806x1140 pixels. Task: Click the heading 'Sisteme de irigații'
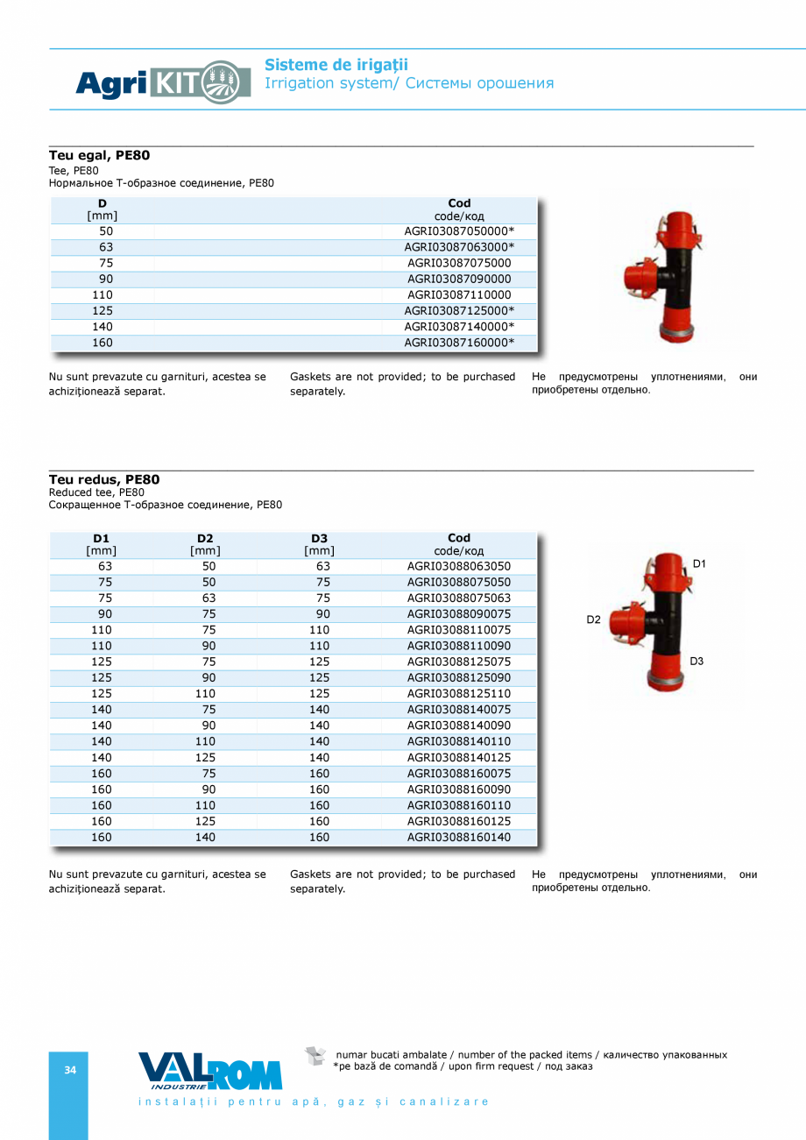[336, 65]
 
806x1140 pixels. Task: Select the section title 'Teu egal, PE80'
[99, 155]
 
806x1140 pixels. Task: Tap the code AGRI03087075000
[459, 263]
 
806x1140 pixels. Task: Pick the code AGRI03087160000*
[459, 343]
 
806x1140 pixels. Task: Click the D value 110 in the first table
[103, 295]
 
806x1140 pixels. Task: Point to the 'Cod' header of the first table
[459, 203]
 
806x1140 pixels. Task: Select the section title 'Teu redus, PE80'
[104, 479]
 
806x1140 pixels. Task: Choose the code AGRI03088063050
[459, 566]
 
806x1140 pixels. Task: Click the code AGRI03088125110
[459, 694]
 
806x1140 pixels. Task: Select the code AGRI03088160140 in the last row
[459, 838]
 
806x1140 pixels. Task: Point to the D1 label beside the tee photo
[699, 564]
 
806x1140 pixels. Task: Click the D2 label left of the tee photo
[593, 620]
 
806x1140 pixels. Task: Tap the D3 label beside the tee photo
[696, 662]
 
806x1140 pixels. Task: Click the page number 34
[69, 1070]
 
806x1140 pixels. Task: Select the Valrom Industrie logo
[210, 1072]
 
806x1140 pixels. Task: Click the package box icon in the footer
[315, 1056]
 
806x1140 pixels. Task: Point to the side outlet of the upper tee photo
[635, 278]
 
